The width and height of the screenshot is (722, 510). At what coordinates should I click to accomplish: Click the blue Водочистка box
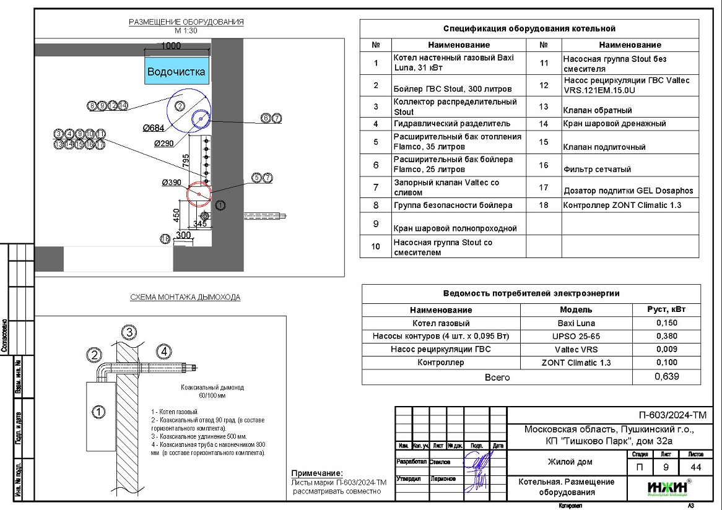(x=176, y=71)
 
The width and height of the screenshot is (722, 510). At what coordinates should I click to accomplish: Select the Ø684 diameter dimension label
(x=152, y=128)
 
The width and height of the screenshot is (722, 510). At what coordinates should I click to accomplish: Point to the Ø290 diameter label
(x=164, y=143)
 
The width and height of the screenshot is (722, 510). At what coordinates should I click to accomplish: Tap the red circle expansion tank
(x=199, y=194)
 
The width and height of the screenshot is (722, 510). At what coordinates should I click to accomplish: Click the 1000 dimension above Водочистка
(x=171, y=46)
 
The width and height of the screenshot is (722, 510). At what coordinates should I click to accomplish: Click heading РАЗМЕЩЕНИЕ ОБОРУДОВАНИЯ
(x=186, y=22)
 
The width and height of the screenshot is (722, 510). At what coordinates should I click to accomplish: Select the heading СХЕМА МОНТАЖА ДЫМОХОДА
(x=185, y=297)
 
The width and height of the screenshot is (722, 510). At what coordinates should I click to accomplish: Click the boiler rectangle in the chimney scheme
(x=98, y=411)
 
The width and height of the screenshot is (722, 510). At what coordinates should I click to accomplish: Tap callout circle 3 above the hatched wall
(x=128, y=332)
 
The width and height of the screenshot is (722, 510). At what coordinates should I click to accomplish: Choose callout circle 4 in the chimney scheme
(x=163, y=352)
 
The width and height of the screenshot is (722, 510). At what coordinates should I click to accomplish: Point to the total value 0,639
(x=666, y=377)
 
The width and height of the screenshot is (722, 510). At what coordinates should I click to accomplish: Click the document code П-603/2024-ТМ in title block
(x=672, y=415)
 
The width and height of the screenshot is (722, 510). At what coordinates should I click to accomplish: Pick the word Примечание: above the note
(x=316, y=473)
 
